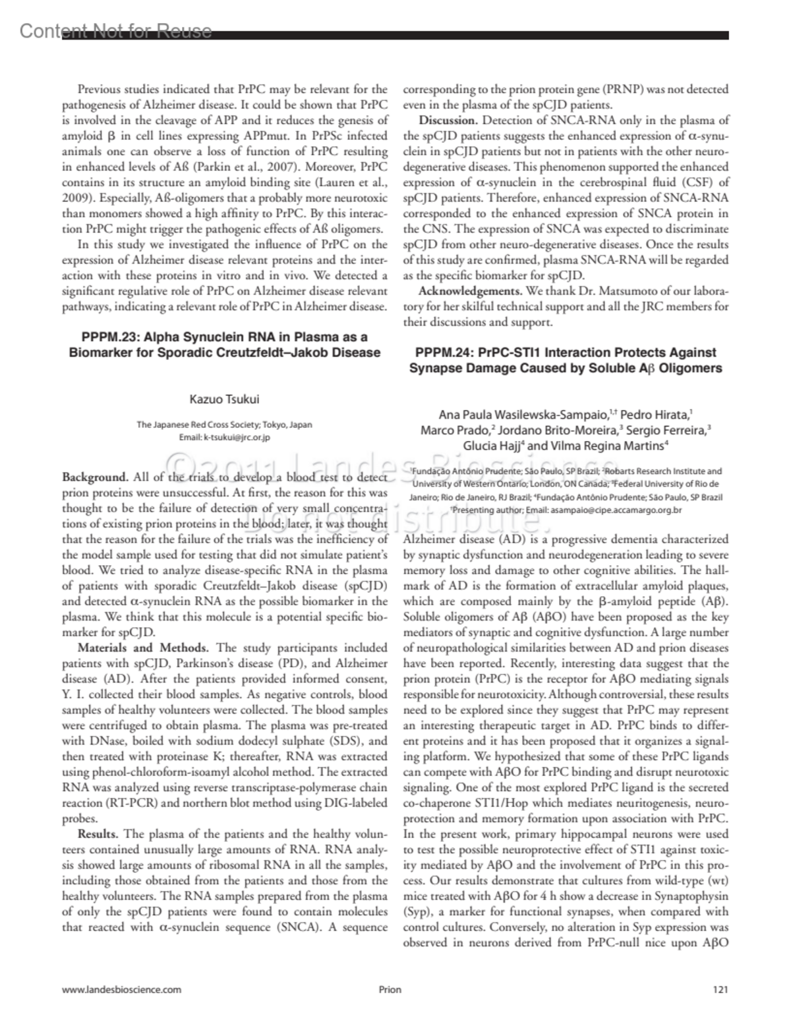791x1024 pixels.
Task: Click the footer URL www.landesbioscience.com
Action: click(121, 989)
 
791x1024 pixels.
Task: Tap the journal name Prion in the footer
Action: click(390, 989)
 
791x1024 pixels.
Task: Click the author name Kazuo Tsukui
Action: click(224, 399)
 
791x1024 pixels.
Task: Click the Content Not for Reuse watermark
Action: click(115, 30)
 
